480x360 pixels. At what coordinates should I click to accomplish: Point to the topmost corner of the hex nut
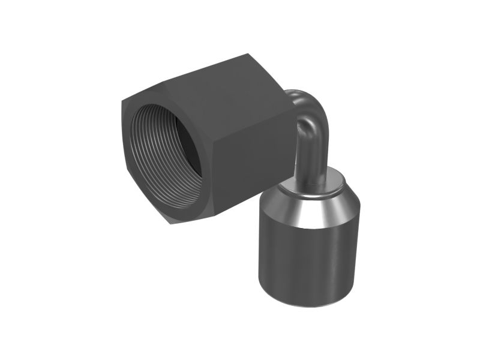point(240,55)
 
